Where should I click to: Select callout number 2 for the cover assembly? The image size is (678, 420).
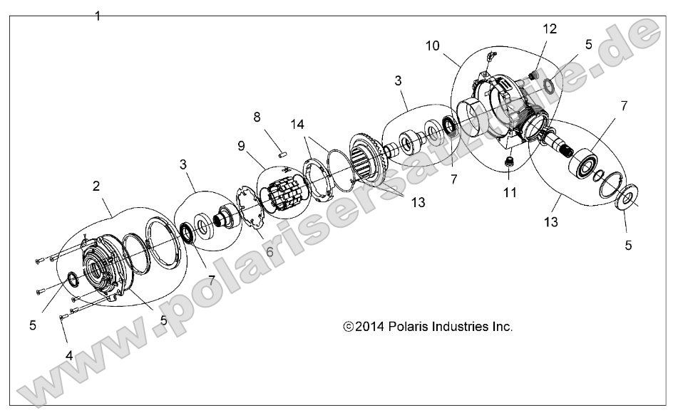click(x=96, y=187)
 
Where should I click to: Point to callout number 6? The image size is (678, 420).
click(x=269, y=252)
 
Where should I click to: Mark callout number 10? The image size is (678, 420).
click(x=433, y=46)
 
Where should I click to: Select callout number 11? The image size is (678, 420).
click(x=508, y=193)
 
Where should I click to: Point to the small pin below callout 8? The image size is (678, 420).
click(x=281, y=150)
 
